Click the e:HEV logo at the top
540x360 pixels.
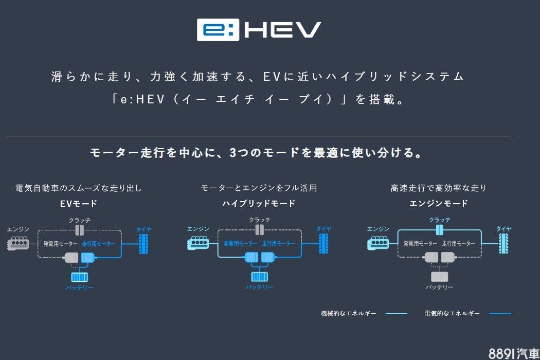(x=259, y=30)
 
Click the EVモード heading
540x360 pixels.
(x=79, y=204)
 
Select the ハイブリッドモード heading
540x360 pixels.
(x=259, y=204)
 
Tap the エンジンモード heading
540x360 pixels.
(x=439, y=204)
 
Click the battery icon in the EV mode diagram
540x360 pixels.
(x=79, y=277)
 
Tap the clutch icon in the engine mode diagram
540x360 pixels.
(x=440, y=229)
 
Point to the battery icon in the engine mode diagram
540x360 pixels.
(x=439, y=277)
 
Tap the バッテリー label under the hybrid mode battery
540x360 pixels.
(x=259, y=287)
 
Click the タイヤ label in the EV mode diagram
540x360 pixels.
(x=143, y=229)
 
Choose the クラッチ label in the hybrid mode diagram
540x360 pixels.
(x=260, y=220)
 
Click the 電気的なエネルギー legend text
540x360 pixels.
(x=452, y=313)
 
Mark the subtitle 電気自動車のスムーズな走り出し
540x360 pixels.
(x=79, y=188)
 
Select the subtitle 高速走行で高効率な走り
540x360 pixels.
(x=439, y=188)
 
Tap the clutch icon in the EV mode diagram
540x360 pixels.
(x=80, y=229)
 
